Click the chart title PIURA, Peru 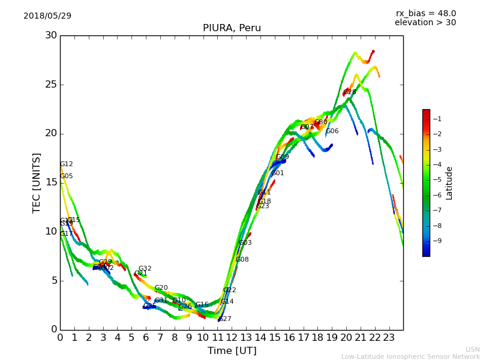(232, 28)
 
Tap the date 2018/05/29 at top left (47, 16)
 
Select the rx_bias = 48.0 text (425, 14)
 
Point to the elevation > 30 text (425, 23)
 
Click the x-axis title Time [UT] (232, 351)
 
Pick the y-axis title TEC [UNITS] (37, 182)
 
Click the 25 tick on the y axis (51, 85)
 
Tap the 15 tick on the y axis (51, 182)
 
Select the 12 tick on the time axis (232, 338)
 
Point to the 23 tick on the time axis (389, 338)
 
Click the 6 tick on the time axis (146, 338)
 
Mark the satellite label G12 (66, 164)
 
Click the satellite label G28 (349, 92)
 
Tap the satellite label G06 (332, 131)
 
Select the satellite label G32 (145, 269)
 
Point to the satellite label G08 (242, 260)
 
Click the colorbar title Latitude (449, 183)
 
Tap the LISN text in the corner (472, 349)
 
